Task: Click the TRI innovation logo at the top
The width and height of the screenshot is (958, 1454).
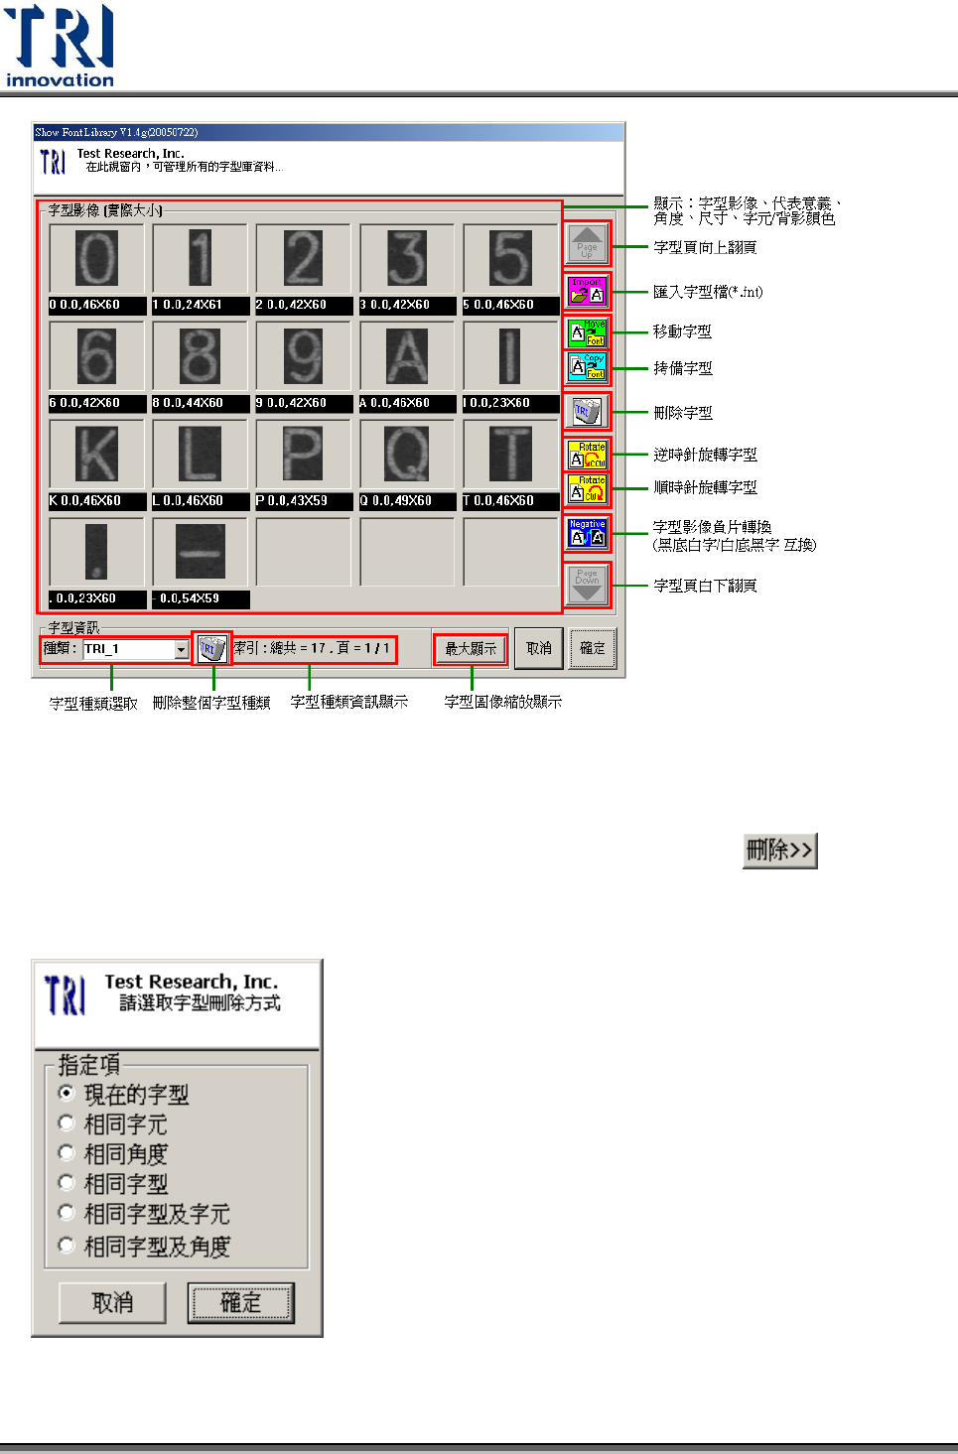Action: point(60,46)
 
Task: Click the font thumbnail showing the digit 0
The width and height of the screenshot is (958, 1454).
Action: point(96,258)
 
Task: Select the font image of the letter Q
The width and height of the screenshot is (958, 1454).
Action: point(406,454)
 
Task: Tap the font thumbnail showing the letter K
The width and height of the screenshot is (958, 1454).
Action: point(96,454)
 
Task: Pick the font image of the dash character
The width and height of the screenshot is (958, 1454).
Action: point(200,551)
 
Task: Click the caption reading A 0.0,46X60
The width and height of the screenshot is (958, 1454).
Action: point(406,403)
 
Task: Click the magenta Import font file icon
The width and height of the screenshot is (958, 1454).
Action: point(587,291)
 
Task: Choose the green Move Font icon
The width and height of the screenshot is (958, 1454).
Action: point(587,332)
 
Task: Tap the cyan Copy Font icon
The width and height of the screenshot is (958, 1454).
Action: point(587,367)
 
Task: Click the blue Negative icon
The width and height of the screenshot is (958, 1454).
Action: point(587,533)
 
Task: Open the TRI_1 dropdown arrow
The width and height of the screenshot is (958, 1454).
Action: point(181,650)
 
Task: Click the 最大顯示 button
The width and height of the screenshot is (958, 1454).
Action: point(471,649)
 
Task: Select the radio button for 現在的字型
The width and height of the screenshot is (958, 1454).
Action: point(67,1093)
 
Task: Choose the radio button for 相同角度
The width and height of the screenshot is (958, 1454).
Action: point(67,1152)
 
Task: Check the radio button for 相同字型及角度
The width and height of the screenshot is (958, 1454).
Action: point(67,1245)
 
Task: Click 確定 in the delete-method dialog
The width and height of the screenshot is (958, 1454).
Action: point(241,1303)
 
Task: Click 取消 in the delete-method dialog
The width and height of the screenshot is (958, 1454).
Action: point(112,1303)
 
